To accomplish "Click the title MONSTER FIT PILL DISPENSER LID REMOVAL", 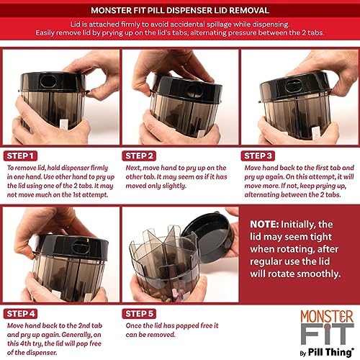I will [x=180, y=10].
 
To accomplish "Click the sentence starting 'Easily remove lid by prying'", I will [x=180, y=32].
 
